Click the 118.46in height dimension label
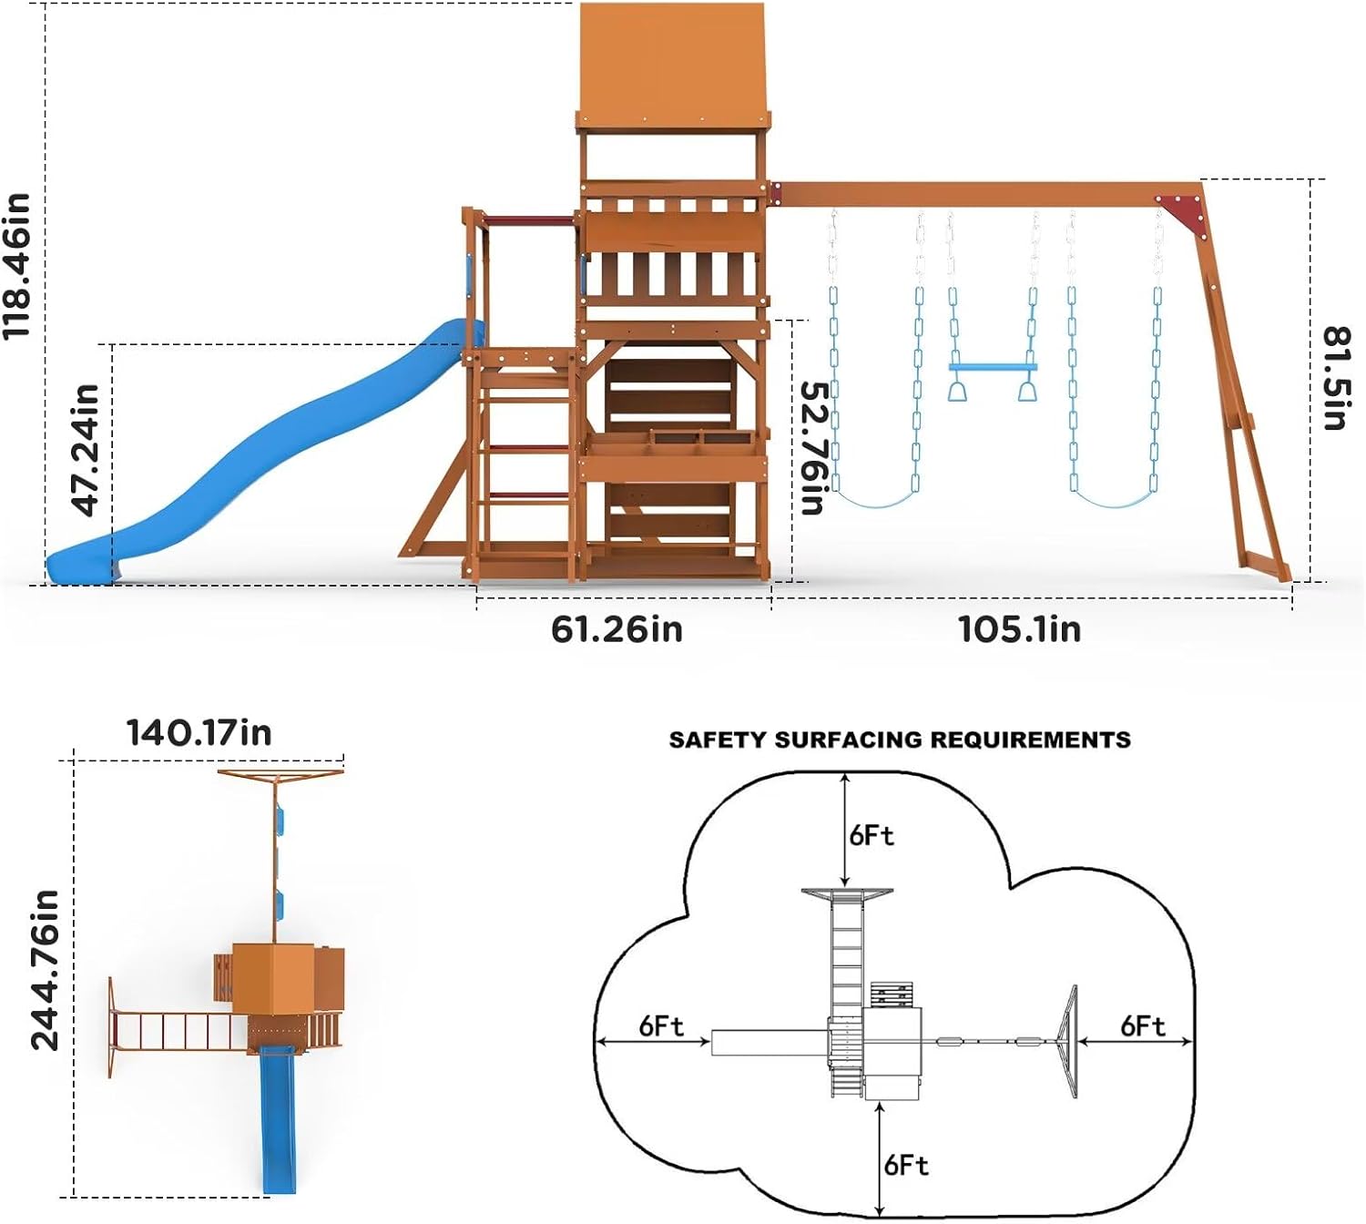point(18,266)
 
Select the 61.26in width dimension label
point(617,629)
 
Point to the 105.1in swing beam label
point(1019,629)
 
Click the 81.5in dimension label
point(1336,377)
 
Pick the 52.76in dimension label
point(812,447)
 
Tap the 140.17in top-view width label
point(199,733)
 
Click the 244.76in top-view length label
point(45,970)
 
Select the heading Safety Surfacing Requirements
point(900,739)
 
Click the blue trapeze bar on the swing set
point(993,368)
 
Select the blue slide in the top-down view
point(279,1120)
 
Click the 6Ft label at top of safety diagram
point(872,835)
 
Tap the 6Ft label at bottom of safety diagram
point(906,1165)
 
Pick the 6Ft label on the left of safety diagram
point(661,1026)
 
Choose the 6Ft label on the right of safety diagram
point(1143,1026)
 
